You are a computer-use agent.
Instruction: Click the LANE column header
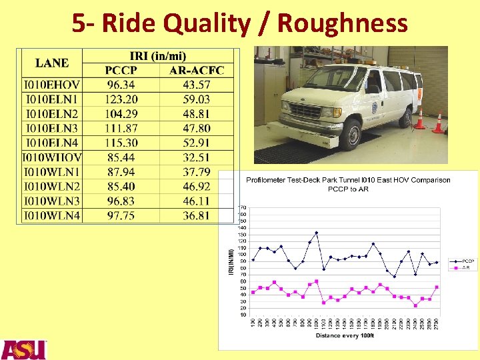pyautogui.click(x=52, y=63)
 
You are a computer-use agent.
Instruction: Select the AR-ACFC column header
pyautogui.click(x=197, y=71)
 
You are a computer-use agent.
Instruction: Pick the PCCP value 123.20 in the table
pyautogui.click(x=121, y=99)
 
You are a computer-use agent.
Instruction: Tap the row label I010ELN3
pyautogui.click(x=51, y=128)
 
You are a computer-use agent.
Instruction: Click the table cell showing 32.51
pyautogui.click(x=197, y=157)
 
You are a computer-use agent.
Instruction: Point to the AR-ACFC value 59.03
pyautogui.click(x=197, y=99)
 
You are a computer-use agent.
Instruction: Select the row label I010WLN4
pyautogui.click(x=51, y=215)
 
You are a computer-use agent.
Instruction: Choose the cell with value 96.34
pyautogui.click(x=121, y=85)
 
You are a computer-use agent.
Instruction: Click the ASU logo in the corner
pyautogui.click(x=23, y=349)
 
